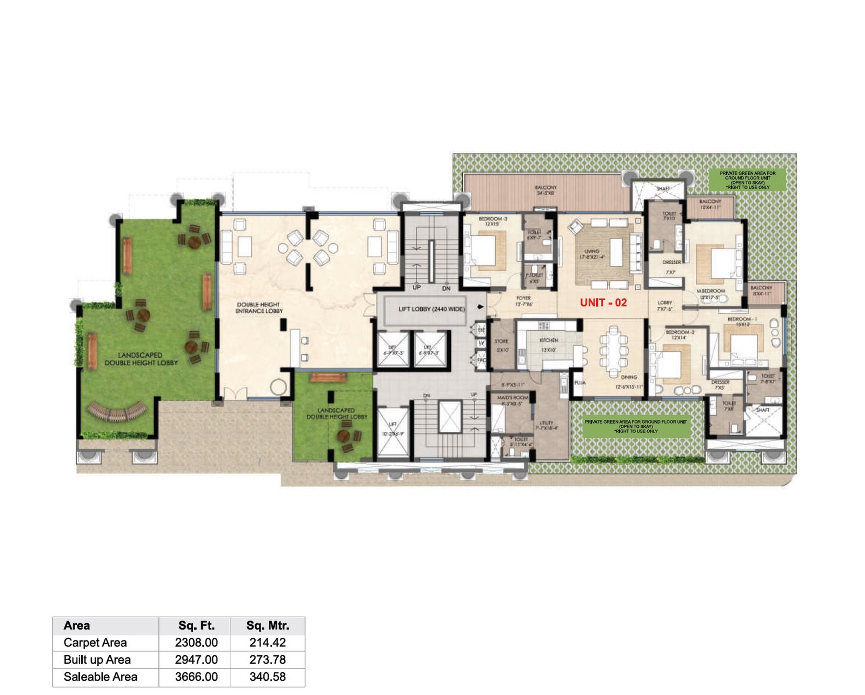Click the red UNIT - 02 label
[603, 303]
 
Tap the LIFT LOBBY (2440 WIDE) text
[431, 309]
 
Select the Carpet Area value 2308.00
[196, 643]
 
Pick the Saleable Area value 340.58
[268, 677]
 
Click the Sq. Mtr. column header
[268, 626]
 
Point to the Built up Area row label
[97, 660]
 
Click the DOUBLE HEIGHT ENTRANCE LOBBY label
[258, 308]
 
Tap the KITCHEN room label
[549, 340]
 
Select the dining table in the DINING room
[613, 352]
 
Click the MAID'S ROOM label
[513, 398]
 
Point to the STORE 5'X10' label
[501, 345]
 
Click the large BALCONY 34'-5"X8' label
[545, 190]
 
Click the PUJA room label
[580, 383]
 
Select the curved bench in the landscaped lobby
[116, 412]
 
